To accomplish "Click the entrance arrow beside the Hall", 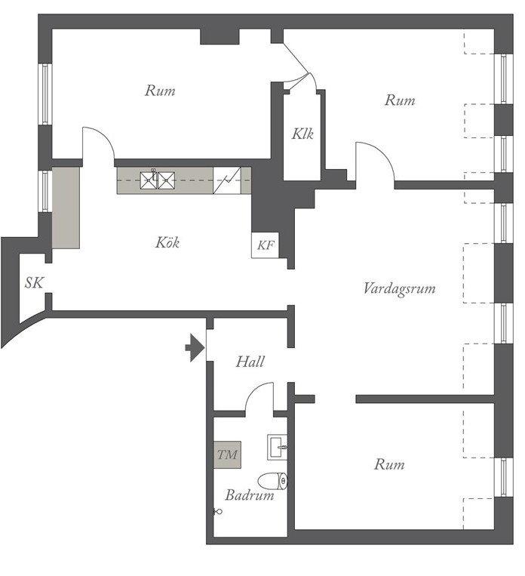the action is click(195, 348).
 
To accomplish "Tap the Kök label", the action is click(167, 243).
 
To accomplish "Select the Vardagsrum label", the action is click(400, 288).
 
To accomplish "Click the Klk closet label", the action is click(302, 134).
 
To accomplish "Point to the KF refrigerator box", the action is click(265, 245).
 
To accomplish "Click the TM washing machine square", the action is click(227, 454).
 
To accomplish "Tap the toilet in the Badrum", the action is click(272, 481).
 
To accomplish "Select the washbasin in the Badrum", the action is click(277, 447).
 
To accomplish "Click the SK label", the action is click(34, 283).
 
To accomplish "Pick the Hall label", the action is click(250, 362).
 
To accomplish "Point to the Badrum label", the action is click(250, 495).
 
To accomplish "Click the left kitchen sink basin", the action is click(148, 180).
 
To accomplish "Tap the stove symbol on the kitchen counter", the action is click(227, 180).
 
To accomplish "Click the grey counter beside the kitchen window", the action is click(66, 208).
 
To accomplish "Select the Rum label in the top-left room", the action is click(160, 91).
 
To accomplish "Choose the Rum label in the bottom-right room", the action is click(389, 465).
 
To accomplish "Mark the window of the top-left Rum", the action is click(45, 94).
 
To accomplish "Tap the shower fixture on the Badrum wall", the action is click(218, 511).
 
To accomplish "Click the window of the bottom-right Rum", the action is click(504, 477).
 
